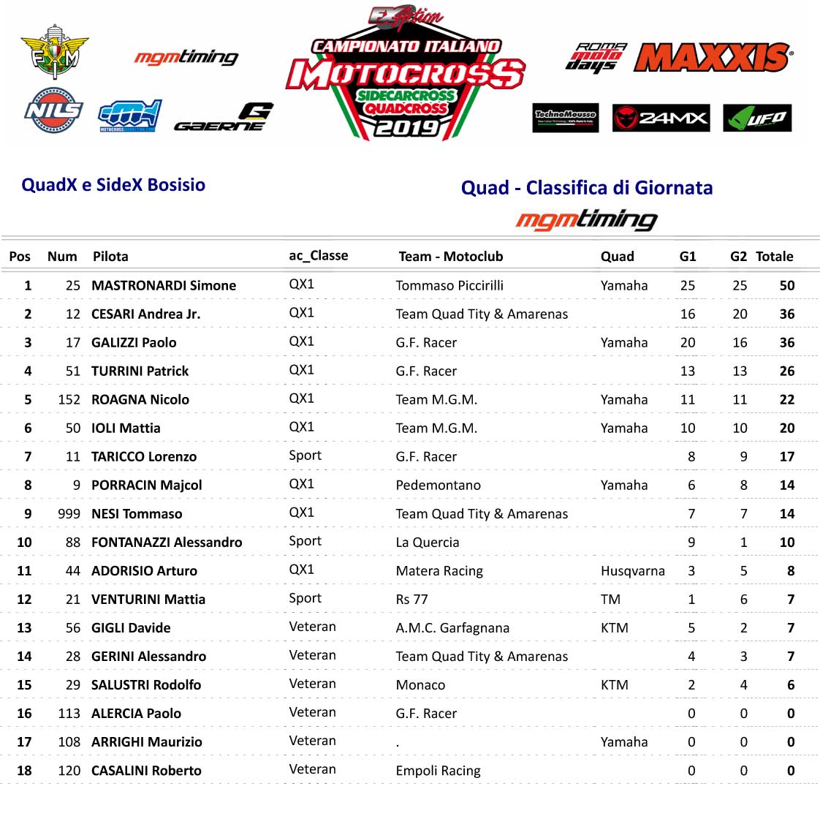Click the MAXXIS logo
click(713, 57)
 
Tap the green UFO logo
click(757, 118)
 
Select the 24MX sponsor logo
click(661, 118)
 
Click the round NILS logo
click(53, 110)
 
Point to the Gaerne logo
click(224, 118)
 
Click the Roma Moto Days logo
click(596, 57)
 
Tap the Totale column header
click(774, 257)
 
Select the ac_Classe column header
click(318, 255)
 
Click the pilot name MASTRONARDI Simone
click(164, 285)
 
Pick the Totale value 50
click(786, 285)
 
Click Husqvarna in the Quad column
click(632, 571)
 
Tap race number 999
click(69, 514)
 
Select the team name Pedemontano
click(438, 486)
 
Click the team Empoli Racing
click(438, 771)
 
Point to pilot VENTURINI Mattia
click(148, 600)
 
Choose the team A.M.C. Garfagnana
click(452, 628)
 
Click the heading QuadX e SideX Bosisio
click(113, 185)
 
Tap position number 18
click(24, 771)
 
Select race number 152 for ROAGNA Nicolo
click(69, 400)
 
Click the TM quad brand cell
click(610, 600)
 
